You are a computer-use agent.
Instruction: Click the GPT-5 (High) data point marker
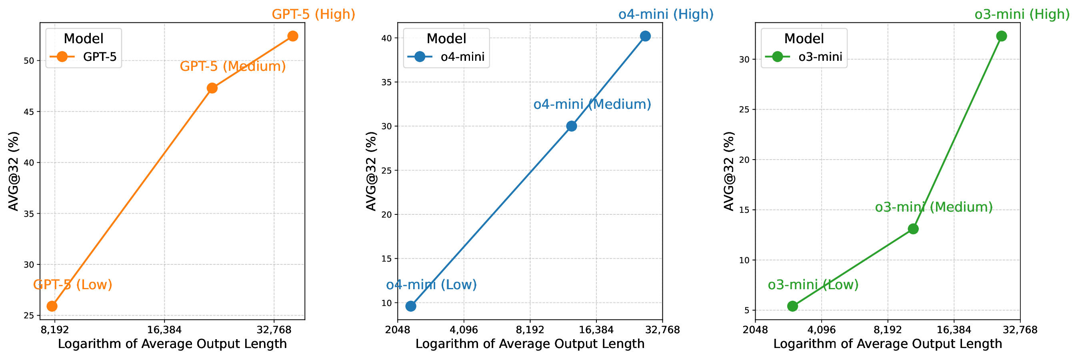pos(293,36)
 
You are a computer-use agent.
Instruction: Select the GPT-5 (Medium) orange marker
pos(212,88)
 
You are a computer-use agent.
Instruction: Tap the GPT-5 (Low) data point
pos(52,306)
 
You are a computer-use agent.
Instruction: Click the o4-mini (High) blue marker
pos(645,36)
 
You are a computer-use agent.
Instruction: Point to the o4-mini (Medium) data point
pos(572,126)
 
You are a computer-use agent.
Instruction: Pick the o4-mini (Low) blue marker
pos(411,306)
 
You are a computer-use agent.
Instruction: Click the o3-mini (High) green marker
pos(1002,36)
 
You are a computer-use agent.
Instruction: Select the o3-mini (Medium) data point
pos(913,229)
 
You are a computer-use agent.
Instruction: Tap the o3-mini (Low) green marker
pos(792,306)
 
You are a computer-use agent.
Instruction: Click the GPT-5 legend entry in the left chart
pos(84,57)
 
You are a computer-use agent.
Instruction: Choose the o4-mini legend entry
pos(446,57)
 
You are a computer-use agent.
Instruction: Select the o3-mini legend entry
pos(804,57)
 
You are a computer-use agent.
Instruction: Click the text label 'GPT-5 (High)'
pos(314,14)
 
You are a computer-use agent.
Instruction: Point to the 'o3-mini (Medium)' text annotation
pos(934,207)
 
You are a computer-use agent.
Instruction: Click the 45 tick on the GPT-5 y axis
pos(28,112)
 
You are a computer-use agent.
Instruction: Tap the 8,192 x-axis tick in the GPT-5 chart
pos(54,330)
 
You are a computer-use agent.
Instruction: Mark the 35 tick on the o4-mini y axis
pos(386,82)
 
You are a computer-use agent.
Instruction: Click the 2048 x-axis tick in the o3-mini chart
pos(755,330)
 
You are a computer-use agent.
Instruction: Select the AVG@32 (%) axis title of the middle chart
pos(372,171)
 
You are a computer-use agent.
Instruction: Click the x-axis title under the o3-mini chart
pos(888,344)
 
